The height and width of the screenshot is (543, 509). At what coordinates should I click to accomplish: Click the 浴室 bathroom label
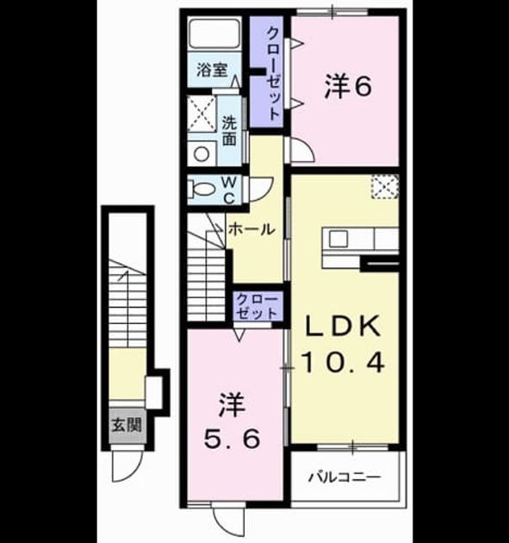click(212, 71)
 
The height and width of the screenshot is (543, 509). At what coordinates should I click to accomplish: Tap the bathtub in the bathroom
click(214, 34)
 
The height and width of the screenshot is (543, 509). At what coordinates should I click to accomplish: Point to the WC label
click(229, 190)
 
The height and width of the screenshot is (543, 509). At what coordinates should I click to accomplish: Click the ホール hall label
click(251, 229)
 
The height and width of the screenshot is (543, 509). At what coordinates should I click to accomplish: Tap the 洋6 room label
click(348, 86)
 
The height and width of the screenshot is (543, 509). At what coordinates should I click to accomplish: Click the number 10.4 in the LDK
click(344, 363)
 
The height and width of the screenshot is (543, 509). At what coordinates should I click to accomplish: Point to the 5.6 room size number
click(232, 439)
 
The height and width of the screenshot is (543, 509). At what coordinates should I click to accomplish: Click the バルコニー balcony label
click(345, 477)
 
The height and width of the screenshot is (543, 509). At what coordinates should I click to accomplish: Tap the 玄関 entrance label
click(127, 425)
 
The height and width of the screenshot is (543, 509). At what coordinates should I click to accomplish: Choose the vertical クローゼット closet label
click(273, 74)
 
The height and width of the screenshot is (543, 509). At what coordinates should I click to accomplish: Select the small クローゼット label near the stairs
click(258, 306)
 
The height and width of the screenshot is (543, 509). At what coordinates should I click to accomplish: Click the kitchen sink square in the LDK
click(338, 239)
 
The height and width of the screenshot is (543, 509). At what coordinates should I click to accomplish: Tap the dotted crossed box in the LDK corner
click(385, 187)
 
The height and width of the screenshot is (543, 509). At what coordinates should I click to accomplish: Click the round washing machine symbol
click(202, 153)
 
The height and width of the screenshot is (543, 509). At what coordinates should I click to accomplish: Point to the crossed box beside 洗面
click(202, 114)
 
